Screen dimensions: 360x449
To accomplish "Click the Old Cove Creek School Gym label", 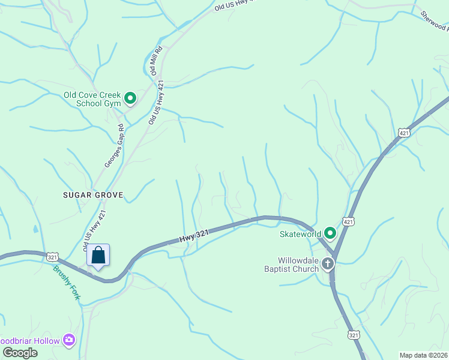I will (x=92, y=99).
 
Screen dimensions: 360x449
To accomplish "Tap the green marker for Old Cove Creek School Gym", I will (x=130, y=98).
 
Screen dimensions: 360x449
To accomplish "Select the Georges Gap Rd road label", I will (x=114, y=146).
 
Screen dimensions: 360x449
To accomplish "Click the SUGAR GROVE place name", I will (x=93, y=195).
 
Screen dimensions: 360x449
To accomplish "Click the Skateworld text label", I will (x=300, y=234).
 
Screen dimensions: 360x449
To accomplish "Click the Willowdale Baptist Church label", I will (x=298, y=265).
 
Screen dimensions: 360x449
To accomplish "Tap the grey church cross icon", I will (x=327, y=264).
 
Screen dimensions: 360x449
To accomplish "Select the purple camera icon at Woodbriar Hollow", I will (x=70, y=341).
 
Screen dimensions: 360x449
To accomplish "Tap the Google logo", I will (x=20, y=353).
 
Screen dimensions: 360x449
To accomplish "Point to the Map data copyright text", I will (x=424, y=355).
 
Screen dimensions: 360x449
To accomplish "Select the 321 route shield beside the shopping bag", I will (x=53, y=256).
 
